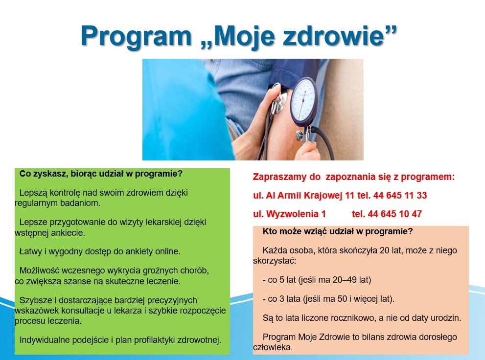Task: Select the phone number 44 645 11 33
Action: coord(400,196)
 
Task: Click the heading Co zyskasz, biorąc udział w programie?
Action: coord(101,174)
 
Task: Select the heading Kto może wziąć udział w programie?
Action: coord(338,231)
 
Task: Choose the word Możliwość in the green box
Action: coord(38,270)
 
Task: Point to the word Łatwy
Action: coord(30,252)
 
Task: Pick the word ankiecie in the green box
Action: coord(69,233)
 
